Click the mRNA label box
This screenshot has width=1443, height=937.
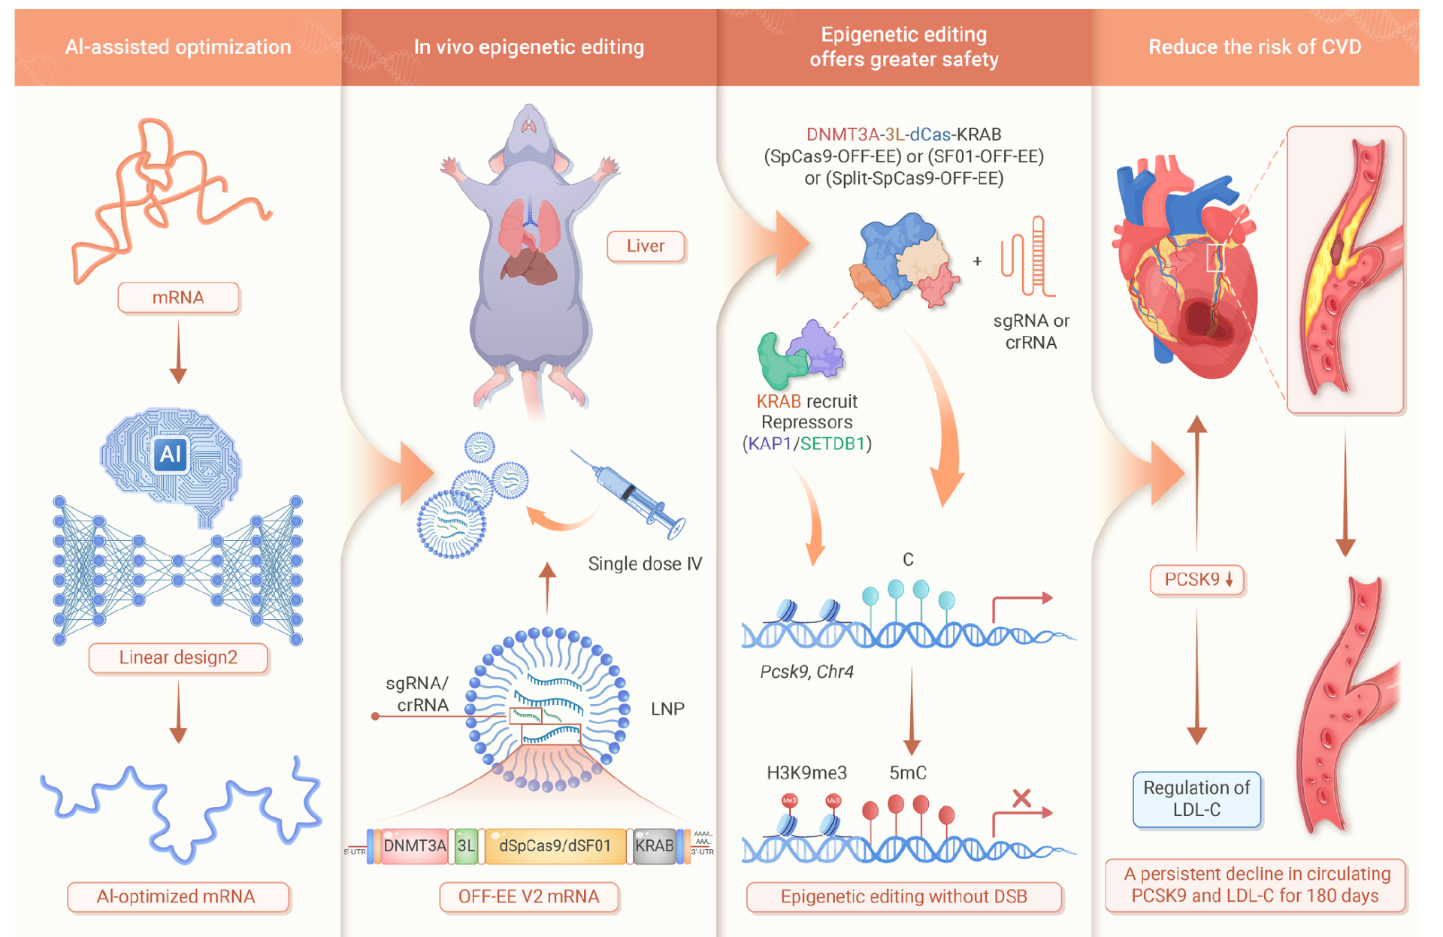[x=178, y=298]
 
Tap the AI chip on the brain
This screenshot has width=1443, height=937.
[x=171, y=453]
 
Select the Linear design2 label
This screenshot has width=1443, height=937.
[x=178, y=657]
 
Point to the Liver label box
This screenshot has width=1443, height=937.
[x=646, y=246]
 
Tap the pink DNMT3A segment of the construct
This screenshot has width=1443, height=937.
[x=414, y=846]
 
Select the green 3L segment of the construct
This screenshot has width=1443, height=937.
[x=466, y=846]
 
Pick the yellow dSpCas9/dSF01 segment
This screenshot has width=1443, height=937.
[x=555, y=846]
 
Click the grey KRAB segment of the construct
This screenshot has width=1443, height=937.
[x=654, y=846]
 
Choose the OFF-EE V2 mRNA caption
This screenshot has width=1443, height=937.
[x=528, y=896]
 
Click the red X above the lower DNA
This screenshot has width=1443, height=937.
[x=1021, y=798]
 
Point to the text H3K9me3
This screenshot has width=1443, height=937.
[x=806, y=772]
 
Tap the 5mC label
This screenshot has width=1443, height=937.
[x=908, y=772]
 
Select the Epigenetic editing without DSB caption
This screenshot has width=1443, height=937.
[x=903, y=896]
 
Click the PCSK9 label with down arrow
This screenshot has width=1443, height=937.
[x=1197, y=579]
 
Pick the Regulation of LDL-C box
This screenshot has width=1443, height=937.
[x=1196, y=799]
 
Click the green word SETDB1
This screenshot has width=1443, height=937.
[x=833, y=443]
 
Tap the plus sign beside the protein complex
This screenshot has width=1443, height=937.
[x=977, y=261]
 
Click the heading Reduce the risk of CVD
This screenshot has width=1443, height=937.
[x=1254, y=47]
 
